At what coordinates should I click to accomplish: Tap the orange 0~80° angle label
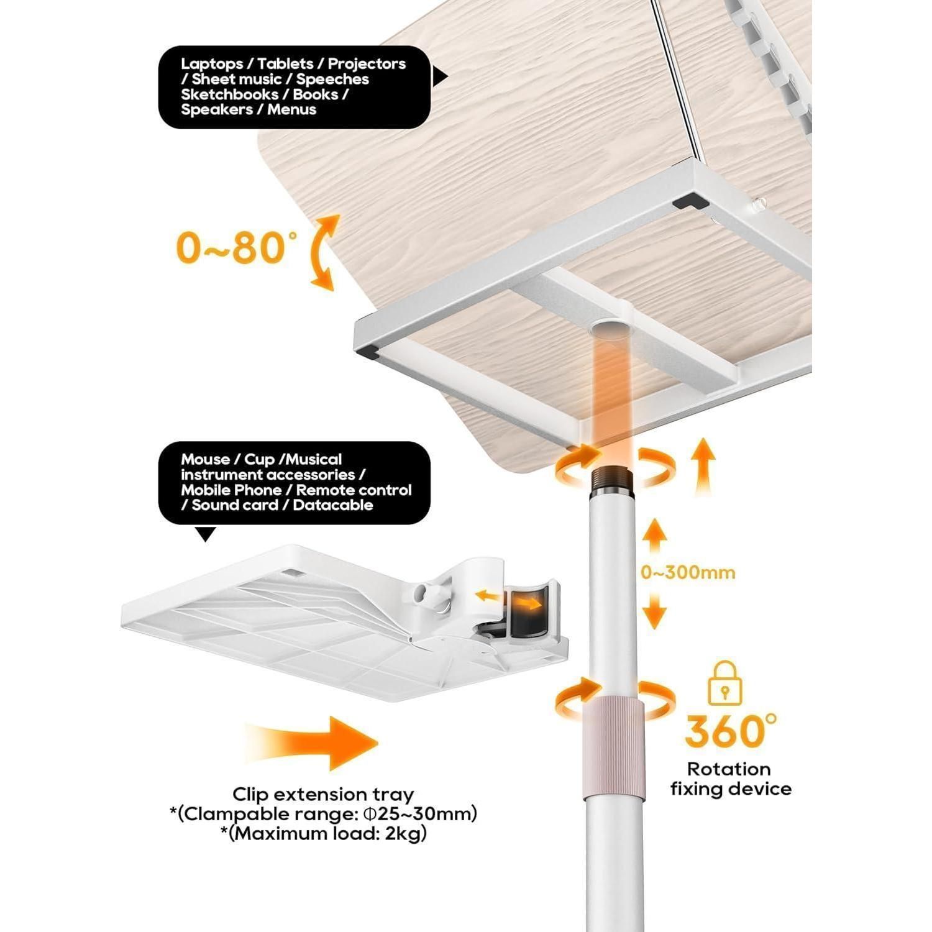coord(232,248)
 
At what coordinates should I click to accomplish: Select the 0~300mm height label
coord(688,572)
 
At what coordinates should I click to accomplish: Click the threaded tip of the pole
coord(613,479)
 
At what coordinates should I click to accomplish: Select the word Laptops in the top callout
coord(212,64)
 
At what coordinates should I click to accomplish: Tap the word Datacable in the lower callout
coord(333,505)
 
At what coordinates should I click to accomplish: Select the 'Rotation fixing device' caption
coord(731,779)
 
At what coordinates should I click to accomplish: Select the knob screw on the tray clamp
coord(434,599)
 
